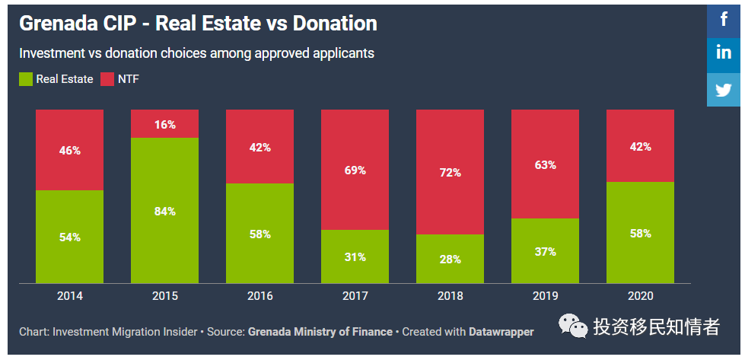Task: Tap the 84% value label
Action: pos(164,211)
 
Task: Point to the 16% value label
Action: pos(164,124)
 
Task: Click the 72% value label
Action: pos(450,173)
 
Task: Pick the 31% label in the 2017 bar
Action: pos(355,257)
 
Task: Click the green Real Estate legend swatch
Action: pos(26,78)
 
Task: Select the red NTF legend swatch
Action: pos(107,78)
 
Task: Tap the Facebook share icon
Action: pos(724,19)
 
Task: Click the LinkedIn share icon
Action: pos(724,53)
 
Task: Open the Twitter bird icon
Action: pos(724,89)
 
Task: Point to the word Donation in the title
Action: pos(333,24)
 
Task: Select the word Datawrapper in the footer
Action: pos(501,332)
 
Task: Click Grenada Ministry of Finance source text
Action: pos(320,332)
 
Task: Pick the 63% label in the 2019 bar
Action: pos(545,164)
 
